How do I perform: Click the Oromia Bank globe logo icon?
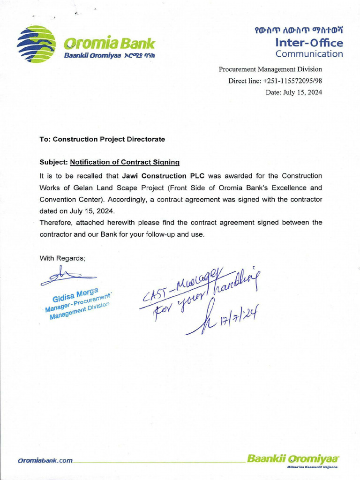pos(36,44)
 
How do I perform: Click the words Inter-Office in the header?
pos(309,43)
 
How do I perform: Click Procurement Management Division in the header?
pos(270,69)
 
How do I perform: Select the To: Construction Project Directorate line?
pos(102,139)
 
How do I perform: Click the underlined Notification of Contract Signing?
pos(125,162)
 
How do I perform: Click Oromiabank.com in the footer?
pos(45,460)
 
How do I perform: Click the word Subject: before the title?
pos(53,162)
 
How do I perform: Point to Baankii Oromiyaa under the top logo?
pos(93,56)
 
